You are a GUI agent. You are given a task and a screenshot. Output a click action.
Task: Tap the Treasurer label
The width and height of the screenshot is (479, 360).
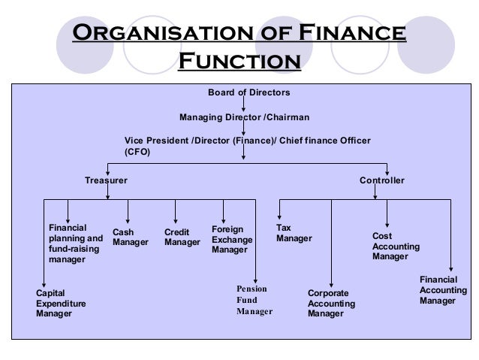(x=106, y=181)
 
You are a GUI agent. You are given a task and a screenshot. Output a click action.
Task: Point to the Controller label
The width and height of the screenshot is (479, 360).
(x=382, y=181)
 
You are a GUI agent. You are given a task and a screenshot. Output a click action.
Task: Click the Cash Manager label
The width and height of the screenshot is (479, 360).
(x=130, y=237)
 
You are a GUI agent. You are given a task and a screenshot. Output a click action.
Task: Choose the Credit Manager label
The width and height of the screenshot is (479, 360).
(x=182, y=237)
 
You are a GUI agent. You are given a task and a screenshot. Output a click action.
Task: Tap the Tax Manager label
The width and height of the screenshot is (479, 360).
(x=294, y=233)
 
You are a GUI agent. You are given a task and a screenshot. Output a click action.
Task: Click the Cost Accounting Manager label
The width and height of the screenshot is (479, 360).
(x=396, y=246)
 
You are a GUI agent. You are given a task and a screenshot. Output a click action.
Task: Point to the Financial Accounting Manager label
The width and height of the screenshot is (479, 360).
(x=443, y=290)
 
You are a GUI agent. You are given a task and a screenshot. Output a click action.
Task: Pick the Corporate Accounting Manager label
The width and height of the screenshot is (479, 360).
(x=332, y=303)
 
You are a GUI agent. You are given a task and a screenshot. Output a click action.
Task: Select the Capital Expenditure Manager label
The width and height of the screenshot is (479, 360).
(x=61, y=303)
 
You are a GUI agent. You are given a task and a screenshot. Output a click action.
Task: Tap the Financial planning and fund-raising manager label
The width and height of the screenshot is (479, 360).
(x=75, y=244)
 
